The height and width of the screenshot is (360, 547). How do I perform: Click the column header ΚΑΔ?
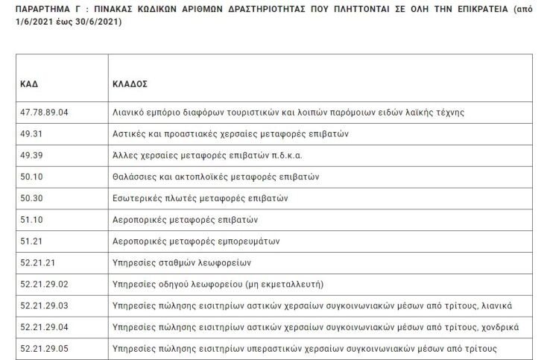(28, 84)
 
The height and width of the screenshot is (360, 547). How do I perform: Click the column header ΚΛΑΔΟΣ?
(130, 84)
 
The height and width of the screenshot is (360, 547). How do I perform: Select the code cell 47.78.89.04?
(44, 113)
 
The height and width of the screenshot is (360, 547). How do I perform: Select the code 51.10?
(31, 221)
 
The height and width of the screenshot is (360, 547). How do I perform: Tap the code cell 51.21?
(31, 241)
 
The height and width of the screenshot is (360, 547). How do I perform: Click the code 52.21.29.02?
(44, 285)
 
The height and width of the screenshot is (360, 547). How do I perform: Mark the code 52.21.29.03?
(44, 306)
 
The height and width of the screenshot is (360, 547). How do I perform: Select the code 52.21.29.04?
(44, 327)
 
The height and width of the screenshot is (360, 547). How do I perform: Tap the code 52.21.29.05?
(44, 349)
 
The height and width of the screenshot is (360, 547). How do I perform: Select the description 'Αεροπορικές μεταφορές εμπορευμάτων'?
(190, 241)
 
